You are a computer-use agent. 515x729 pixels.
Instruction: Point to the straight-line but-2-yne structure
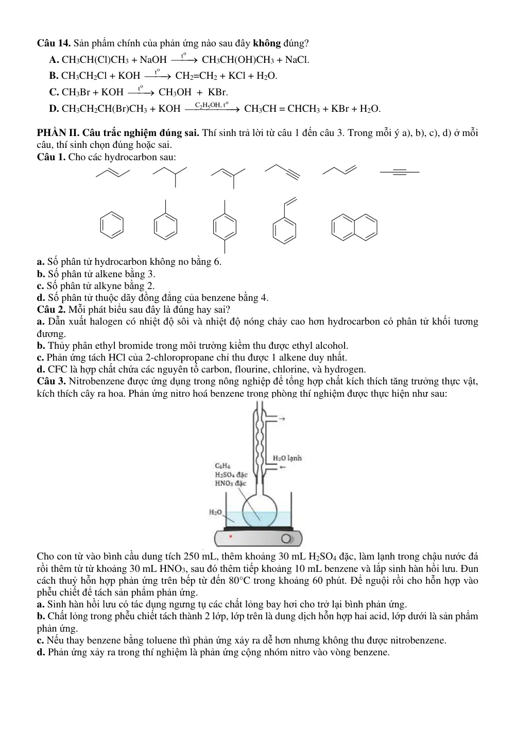tap(400, 172)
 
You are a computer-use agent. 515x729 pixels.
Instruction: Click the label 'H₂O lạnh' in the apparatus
tap(287, 458)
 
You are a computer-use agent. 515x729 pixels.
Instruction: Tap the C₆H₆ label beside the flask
tap(223, 466)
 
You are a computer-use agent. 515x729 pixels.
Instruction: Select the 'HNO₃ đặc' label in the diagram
tap(231, 483)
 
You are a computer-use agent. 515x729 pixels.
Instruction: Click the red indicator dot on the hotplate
tap(231, 536)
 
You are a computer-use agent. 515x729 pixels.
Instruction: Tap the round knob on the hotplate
tap(286, 539)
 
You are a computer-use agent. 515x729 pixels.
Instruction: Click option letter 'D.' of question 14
tap(54, 108)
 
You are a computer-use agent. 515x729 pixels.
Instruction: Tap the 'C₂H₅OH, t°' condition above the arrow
tap(212, 105)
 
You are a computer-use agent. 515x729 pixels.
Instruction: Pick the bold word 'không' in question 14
tap(267, 43)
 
